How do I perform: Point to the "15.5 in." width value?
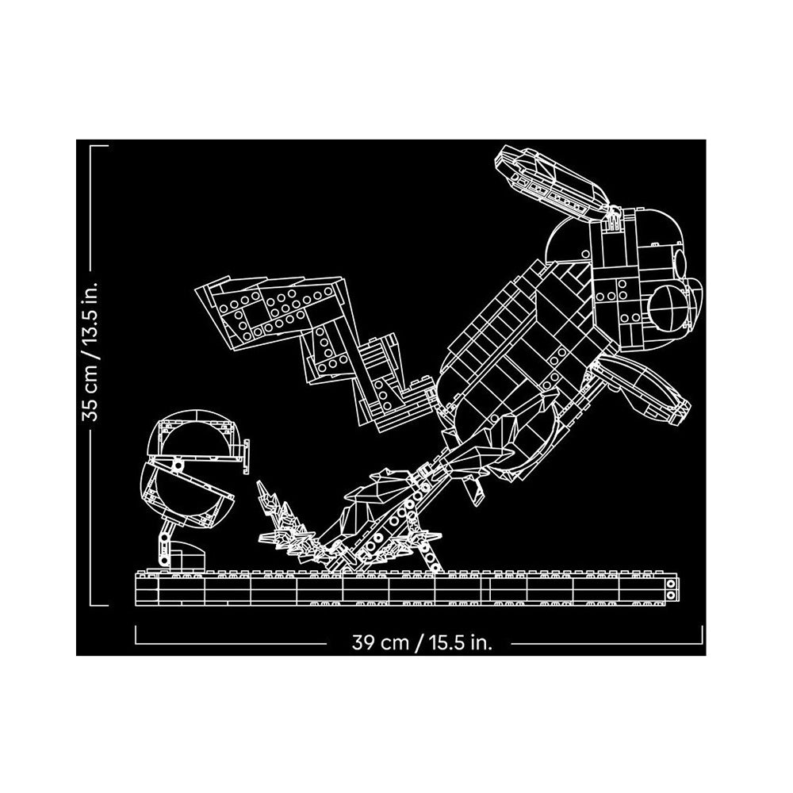click(x=460, y=643)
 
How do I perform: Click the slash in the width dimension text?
click(x=418, y=643)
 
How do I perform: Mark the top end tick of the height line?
click(x=99, y=146)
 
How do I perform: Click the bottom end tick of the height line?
click(x=99, y=604)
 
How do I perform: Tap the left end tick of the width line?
click(x=136, y=635)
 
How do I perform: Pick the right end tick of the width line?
click(x=702, y=635)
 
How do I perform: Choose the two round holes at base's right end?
click(x=671, y=590)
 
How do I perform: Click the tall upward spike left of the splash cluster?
click(x=263, y=493)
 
